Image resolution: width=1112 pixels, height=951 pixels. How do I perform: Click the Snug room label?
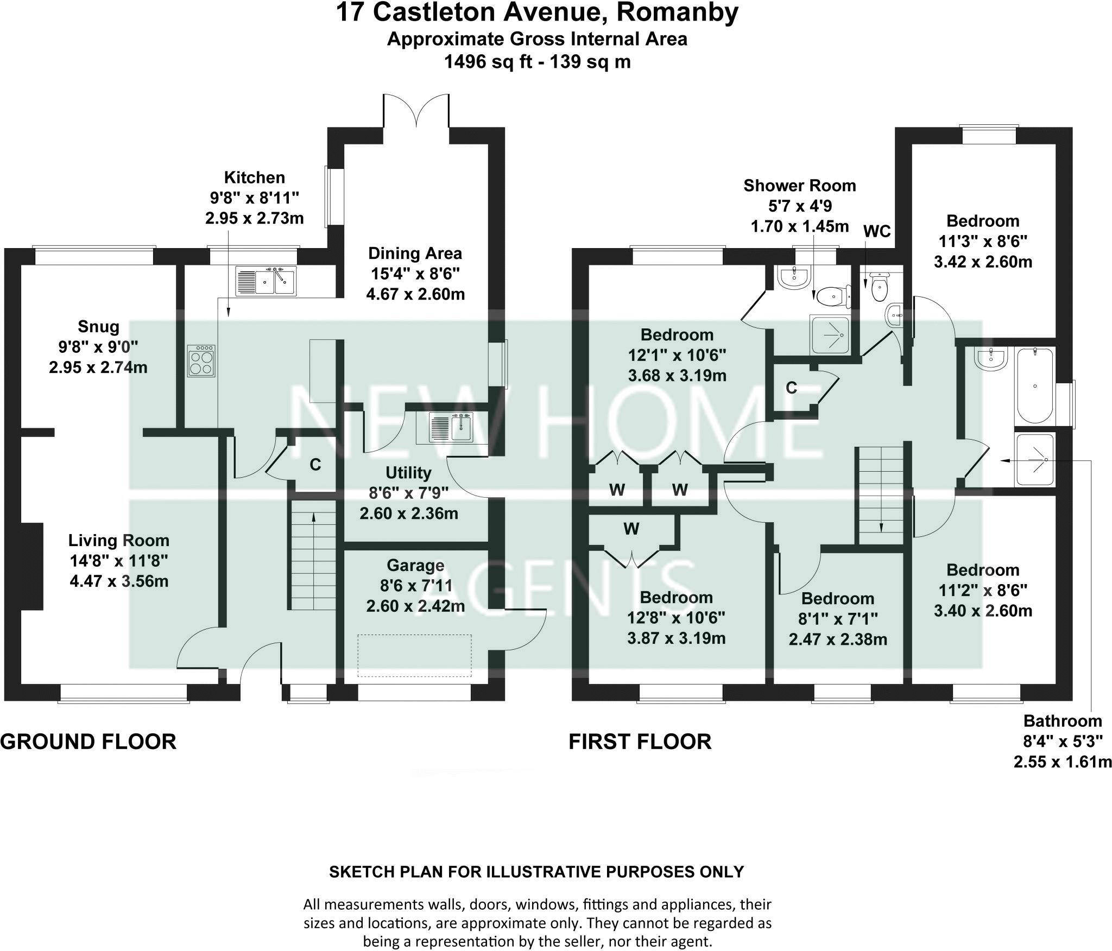click(x=98, y=327)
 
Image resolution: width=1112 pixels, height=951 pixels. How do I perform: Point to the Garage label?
click(x=415, y=566)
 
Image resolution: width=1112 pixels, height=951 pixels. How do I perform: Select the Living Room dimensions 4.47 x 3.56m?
click(x=119, y=581)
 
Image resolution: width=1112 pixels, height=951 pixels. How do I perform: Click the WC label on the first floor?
click(x=877, y=231)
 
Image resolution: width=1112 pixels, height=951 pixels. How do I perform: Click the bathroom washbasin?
click(x=991, y=359)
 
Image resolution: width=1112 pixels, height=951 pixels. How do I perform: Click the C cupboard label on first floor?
click(x=792, y=388)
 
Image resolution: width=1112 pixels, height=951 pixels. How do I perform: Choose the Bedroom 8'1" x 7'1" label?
click(x=838, y=599)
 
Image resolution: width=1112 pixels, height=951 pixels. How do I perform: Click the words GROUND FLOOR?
click(x=88, y=741)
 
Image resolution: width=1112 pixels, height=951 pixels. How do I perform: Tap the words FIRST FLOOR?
click(x=640, y=741)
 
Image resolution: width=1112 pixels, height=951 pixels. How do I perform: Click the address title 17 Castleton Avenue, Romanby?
click(x=537, y=13)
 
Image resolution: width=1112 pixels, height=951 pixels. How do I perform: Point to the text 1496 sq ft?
click(x=489, y=62)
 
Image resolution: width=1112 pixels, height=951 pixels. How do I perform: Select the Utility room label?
click(x=408, y=473)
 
